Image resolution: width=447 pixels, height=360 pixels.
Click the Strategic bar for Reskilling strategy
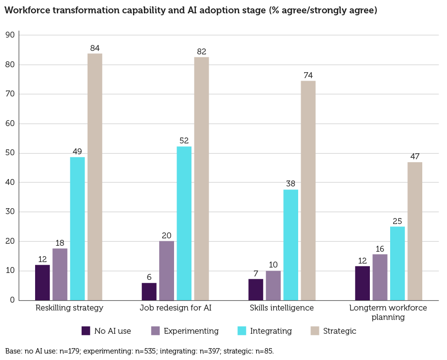[x=95, y=177]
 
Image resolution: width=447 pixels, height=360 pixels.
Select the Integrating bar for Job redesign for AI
[x=184, y=223]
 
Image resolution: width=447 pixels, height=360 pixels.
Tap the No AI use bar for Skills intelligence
[x=256, y=290]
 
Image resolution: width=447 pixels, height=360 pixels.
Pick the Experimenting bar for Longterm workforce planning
[x=380, y=277]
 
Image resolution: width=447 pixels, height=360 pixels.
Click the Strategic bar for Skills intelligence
[x=308, y=190]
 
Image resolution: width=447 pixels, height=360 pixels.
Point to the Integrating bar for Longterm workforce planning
[x=398, y=263]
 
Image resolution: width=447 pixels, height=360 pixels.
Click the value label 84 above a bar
[x=95, y=48]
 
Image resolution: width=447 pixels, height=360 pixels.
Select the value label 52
[x=184, y=141]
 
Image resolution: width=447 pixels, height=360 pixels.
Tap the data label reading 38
[x=291, y=184]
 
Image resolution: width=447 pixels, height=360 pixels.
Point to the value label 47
[x=415, y=157]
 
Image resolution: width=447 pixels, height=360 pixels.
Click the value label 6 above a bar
[x=149, y=277]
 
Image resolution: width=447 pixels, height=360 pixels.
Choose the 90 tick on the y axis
[x=9, y=35]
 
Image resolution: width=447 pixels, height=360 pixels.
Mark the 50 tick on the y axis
[x=9, y=153]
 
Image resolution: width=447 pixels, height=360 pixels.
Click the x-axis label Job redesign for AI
[x=176, y=308]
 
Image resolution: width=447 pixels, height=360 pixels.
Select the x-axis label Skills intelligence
[x=282, y=308]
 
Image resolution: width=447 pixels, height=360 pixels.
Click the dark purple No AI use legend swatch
[x=86, y=331]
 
